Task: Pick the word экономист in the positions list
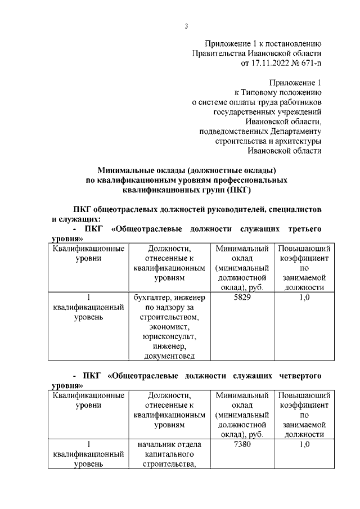[169, 327]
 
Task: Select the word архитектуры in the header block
[296, 141]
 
